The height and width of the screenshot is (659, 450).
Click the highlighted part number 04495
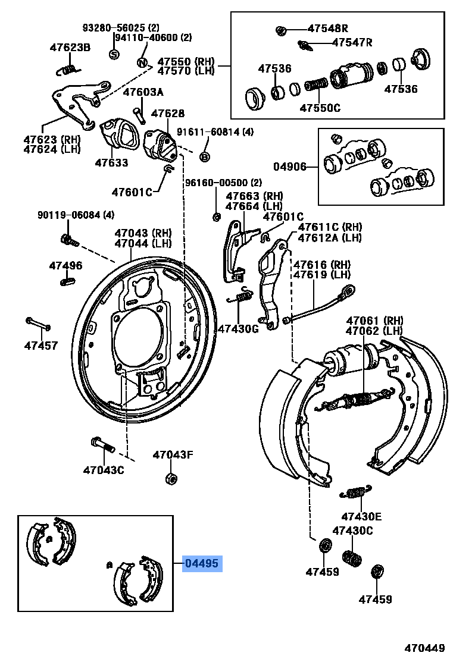(x=202, y=563)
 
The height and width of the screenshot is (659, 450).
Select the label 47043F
(x=173, y=456)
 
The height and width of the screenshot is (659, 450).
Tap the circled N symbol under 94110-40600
(x=142, y=63)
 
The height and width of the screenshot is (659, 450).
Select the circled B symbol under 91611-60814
(x=204, y=156)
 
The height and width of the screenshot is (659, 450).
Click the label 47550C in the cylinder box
(x=320, y=108)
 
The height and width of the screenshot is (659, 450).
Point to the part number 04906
(x=290, y=167)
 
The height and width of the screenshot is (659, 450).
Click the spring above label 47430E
(x=356, y=492)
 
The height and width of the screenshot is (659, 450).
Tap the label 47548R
(x=327, y=29)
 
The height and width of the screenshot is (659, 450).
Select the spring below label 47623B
(x=69, y=70)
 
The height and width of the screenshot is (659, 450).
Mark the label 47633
(x=111, y=162)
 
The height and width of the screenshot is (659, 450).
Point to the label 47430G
(x=237, y=328)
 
